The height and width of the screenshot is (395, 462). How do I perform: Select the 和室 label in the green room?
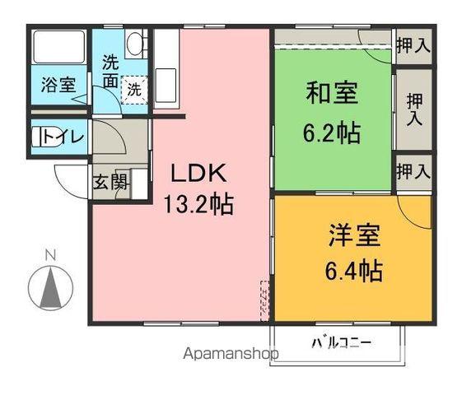(332, 93)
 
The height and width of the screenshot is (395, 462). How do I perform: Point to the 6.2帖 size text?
(332, 132)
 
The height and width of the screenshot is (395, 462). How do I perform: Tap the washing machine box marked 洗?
(133, 89)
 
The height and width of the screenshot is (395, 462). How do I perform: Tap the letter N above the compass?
(49, 254)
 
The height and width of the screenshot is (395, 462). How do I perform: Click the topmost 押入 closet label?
(412, 45)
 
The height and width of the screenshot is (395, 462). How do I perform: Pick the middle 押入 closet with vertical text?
(413, 108)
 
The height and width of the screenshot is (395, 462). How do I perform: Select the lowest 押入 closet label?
(412, 171)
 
